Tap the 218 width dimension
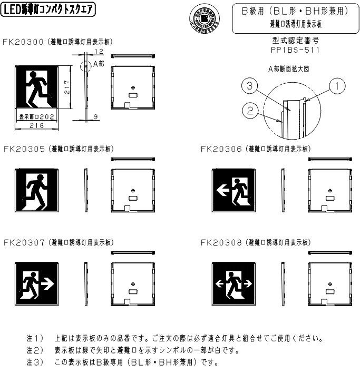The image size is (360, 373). [x=36, y=125]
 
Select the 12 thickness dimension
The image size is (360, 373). [x=100, y=52]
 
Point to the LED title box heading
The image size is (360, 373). [x=48, y=9]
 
